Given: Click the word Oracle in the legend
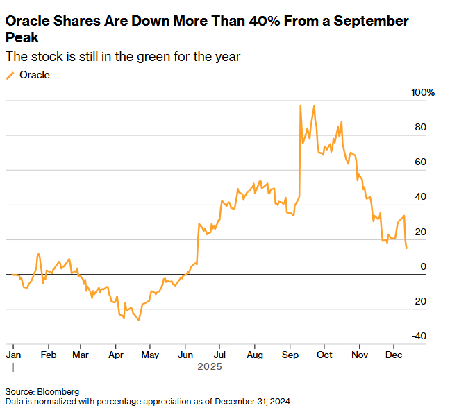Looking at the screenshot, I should point(34,75).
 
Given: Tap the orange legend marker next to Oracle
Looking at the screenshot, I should point(10,75).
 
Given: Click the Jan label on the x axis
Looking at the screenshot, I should point(13,354).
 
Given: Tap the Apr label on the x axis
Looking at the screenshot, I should point(115,354).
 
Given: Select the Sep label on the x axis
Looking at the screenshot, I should point(290,354).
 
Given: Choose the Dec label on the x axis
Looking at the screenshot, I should point(394,354).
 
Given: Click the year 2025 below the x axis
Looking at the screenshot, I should point(209,366).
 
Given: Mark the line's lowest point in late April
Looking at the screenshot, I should point(139,320).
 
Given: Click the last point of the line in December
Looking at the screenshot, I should point(406,248).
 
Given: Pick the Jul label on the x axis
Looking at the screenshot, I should point(219,354).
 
